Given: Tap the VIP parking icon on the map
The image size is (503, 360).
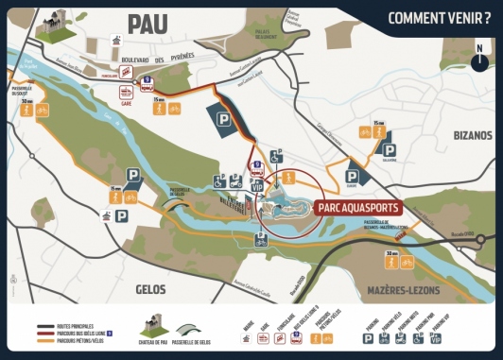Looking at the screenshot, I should click(x=254, y=187).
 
